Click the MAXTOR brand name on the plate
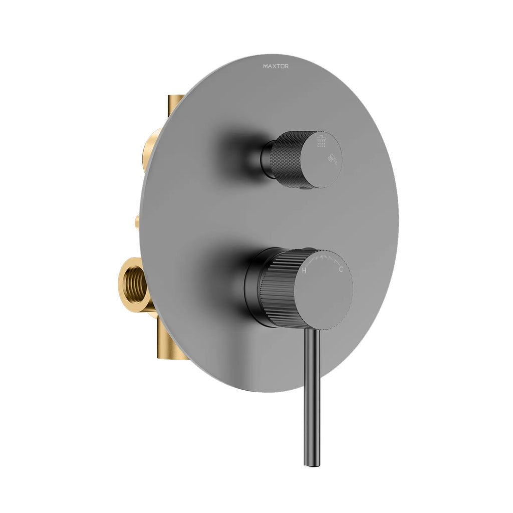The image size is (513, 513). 276,66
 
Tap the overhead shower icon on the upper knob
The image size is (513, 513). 321,143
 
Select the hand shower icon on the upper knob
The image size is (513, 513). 331,158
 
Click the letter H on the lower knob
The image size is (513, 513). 304,271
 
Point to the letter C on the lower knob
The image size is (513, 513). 341,270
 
